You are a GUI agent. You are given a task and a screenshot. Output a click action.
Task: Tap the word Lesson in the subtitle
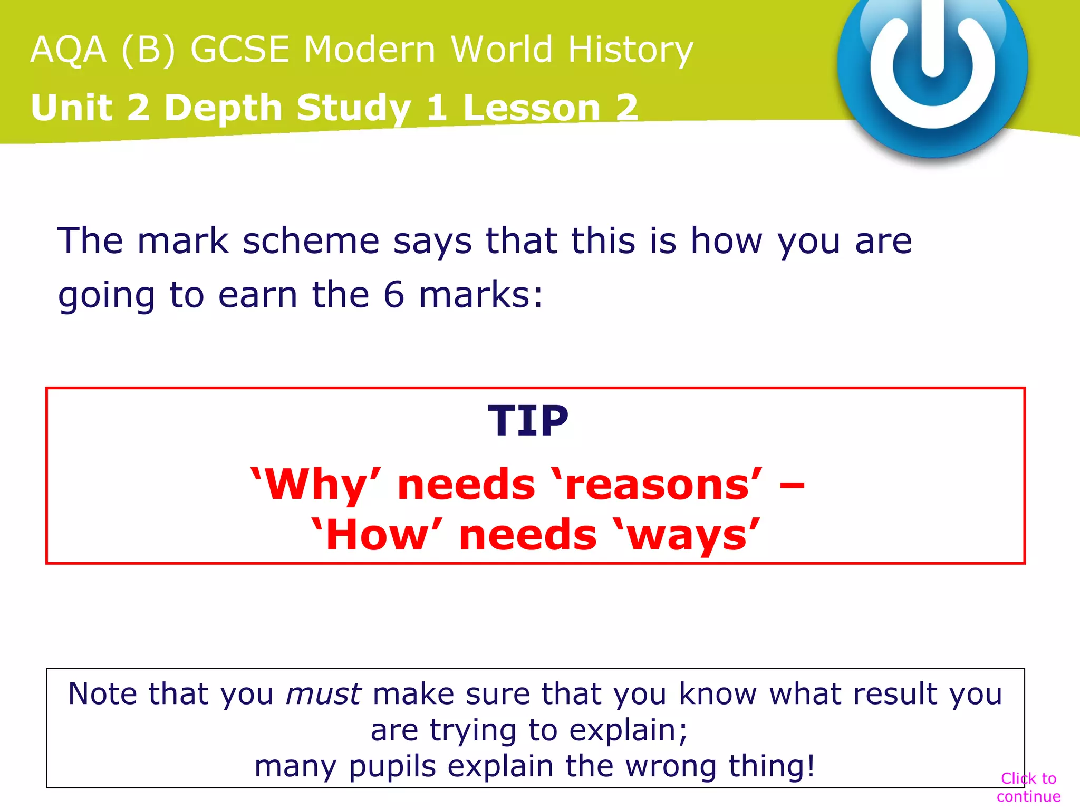532,108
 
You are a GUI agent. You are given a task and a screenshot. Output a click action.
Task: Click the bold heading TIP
528,421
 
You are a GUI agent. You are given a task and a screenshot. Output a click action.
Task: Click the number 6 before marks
394,294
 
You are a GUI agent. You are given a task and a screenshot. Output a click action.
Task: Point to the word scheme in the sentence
311,242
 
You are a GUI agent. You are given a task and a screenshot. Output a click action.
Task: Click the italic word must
323,694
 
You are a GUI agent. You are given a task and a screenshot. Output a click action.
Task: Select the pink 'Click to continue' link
1028,787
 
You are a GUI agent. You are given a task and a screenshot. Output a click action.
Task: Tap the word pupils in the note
392,766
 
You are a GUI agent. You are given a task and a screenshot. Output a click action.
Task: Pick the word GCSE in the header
240,50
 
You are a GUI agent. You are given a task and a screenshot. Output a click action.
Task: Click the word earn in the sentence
257,294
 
